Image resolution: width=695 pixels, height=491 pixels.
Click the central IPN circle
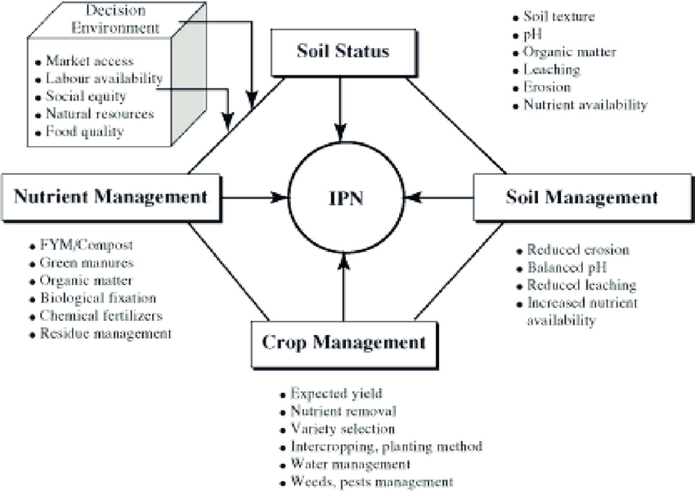343,198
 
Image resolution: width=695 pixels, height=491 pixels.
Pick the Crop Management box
343,341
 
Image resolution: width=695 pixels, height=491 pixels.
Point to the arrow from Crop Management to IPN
343,286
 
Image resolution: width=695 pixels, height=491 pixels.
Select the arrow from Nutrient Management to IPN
253,197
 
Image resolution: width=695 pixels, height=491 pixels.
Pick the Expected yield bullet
337,393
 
